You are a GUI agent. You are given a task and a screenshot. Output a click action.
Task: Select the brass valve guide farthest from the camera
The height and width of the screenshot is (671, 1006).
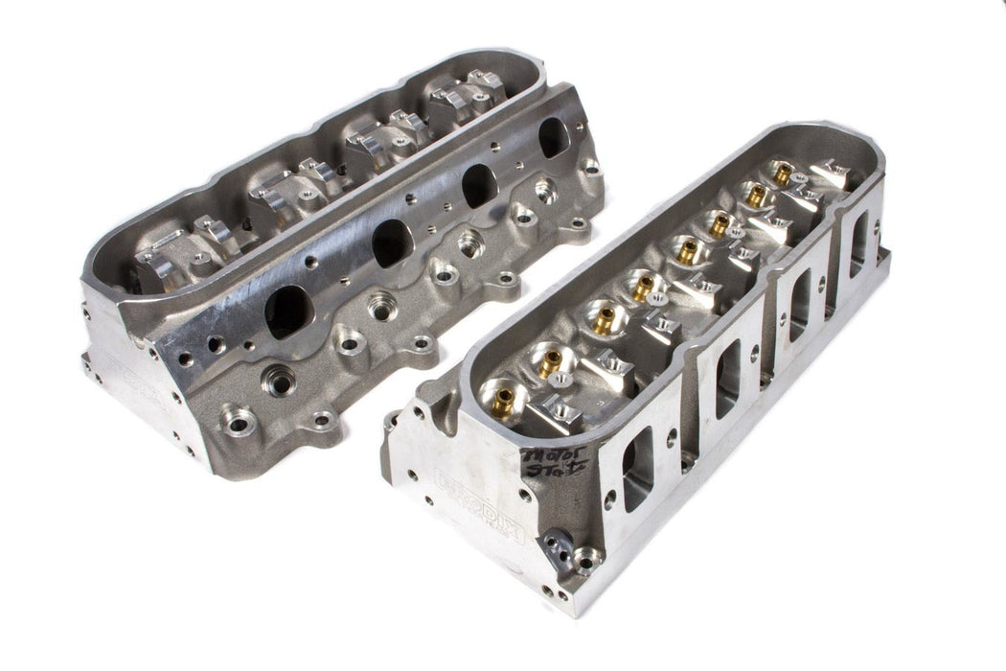[783, 174]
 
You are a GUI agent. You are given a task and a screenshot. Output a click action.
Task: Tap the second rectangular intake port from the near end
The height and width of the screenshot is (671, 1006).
[727, 379]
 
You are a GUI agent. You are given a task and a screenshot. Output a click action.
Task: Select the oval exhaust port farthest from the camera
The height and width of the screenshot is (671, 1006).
[553, 137]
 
